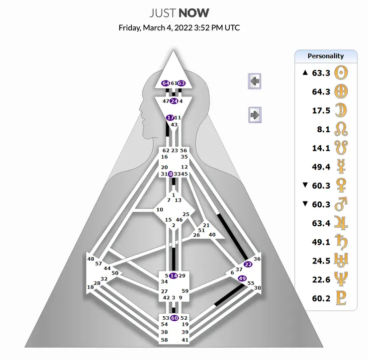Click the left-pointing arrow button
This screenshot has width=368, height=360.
255,81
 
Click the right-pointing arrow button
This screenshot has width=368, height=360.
255,115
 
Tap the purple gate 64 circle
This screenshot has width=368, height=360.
166,83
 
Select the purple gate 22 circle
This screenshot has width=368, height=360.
248,264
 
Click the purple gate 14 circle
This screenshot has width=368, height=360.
174,276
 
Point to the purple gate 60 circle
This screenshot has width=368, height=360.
175,318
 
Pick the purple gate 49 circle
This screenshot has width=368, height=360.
242,278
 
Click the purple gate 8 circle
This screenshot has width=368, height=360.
171,174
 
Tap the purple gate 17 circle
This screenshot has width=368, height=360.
170,117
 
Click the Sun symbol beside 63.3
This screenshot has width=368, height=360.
341,73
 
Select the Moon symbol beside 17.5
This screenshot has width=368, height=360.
341,110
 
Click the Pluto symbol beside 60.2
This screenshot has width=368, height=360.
341,298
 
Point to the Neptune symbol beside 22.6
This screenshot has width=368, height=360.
341,279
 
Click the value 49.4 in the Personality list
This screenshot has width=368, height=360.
321,167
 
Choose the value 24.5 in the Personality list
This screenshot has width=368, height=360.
321,261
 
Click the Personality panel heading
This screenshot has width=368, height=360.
326,56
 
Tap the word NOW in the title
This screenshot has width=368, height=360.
194,13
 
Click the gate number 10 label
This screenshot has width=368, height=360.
160,209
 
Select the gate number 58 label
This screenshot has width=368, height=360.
164,340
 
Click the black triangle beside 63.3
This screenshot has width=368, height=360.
305,73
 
